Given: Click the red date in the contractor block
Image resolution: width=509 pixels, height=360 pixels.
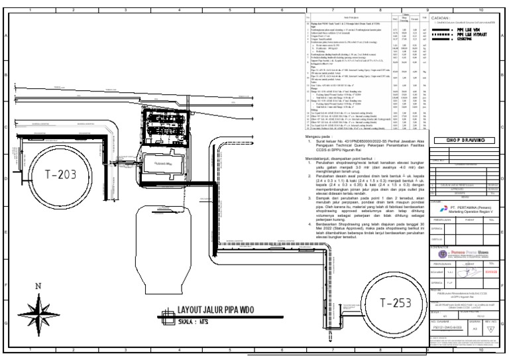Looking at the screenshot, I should coord(491,270).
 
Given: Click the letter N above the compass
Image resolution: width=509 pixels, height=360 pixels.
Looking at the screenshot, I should coord(38,288).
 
